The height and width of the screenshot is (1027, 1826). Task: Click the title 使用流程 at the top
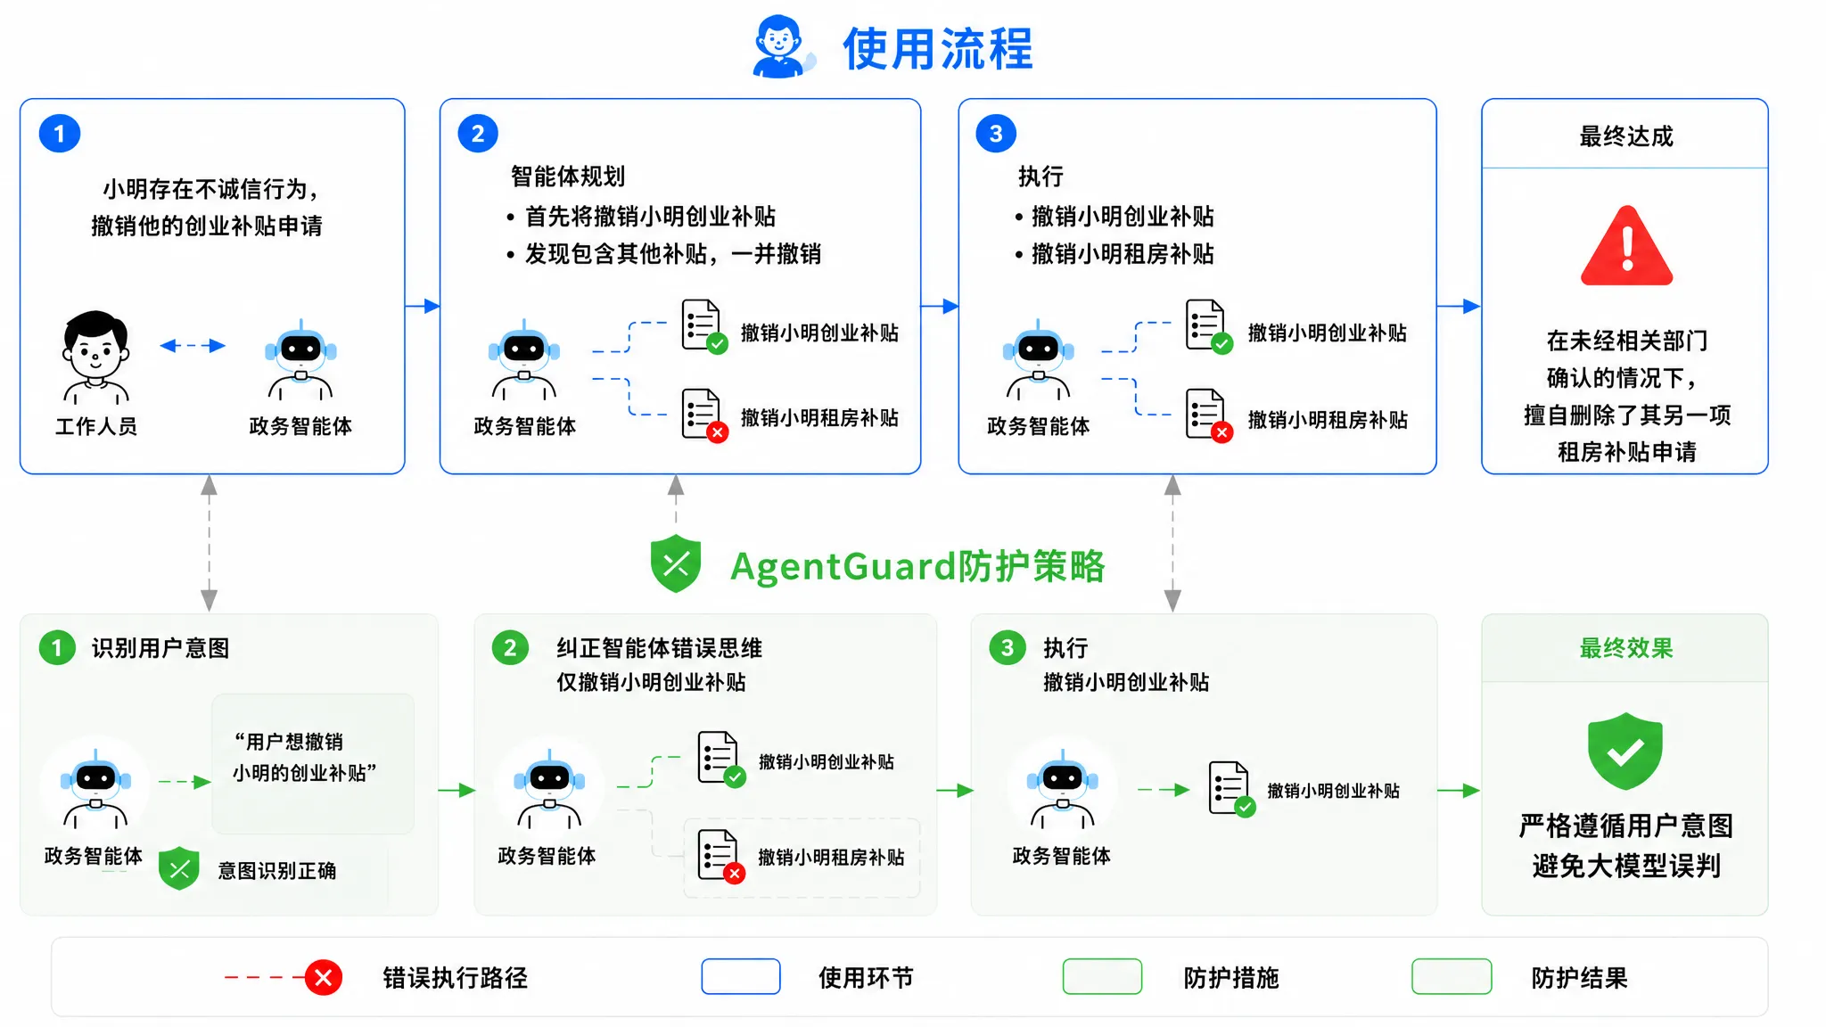tap(937, 48)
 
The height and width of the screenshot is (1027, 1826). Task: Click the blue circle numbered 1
tap(60, 134)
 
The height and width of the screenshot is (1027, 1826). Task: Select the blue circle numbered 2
tap(478, 134)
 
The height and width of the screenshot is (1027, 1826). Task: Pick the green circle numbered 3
tap(1008, 647)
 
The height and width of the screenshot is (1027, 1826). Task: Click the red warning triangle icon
tap(1626, 246)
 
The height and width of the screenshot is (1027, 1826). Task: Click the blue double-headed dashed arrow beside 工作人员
tap(193, 346)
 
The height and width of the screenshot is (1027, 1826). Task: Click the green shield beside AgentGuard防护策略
tap(676, 563)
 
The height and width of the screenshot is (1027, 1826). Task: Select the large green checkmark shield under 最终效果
tap(1625, 751)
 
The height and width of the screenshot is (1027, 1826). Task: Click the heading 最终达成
tap(1626, 136)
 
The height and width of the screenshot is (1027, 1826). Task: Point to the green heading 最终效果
tap(1626, 648)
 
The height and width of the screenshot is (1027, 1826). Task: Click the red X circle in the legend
tap(324, 978)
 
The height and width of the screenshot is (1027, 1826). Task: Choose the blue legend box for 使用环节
tap(741, 977)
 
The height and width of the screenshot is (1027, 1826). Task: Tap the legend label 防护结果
tap(1579, 978)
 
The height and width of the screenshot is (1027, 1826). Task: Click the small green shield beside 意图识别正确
tap(179, 869)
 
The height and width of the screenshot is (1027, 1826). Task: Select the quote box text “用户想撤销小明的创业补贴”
tap(304, 757)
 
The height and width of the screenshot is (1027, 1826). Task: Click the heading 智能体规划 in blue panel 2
tap(568, 177)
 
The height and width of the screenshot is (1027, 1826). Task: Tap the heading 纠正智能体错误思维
tap(660, 648)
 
